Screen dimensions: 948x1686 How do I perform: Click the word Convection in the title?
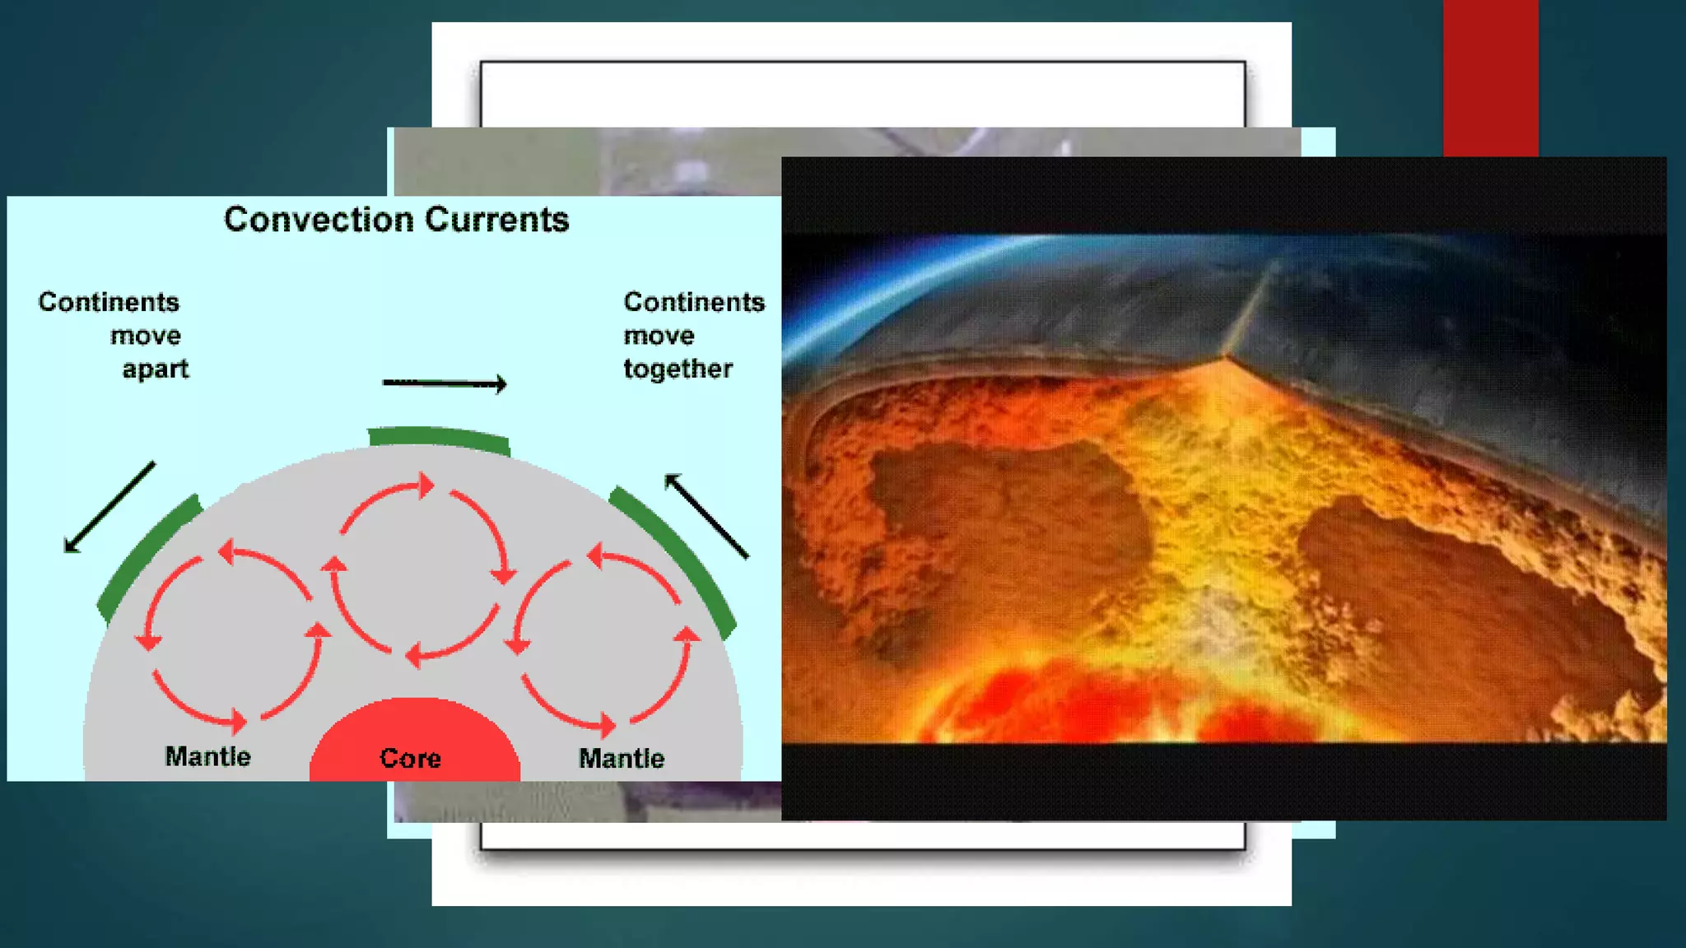tap(319, 220)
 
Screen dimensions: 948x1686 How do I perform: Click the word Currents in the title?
tap(496, 220)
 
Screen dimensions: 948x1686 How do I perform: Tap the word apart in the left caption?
tap(156, 369)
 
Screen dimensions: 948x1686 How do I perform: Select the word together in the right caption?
tap(678, 369)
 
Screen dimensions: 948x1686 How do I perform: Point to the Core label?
tap(410, 758)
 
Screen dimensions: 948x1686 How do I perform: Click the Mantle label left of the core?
tap(207, 756)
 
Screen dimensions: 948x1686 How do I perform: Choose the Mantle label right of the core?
tap(622, 758)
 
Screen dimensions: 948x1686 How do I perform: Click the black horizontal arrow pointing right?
tap(445, 383)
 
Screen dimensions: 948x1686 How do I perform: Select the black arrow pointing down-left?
tap(109, 508)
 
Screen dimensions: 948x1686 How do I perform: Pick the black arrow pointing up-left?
tap(706, 516)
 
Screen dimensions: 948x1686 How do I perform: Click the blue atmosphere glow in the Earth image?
tap(906, 280)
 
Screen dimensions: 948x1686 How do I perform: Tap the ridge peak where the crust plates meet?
tap(1224, 355)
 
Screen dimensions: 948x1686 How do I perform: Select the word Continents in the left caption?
tap(109, 302)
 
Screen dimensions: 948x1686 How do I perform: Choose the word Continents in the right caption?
tap(694, 302)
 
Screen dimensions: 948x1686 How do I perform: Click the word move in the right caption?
tap(659, 336)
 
